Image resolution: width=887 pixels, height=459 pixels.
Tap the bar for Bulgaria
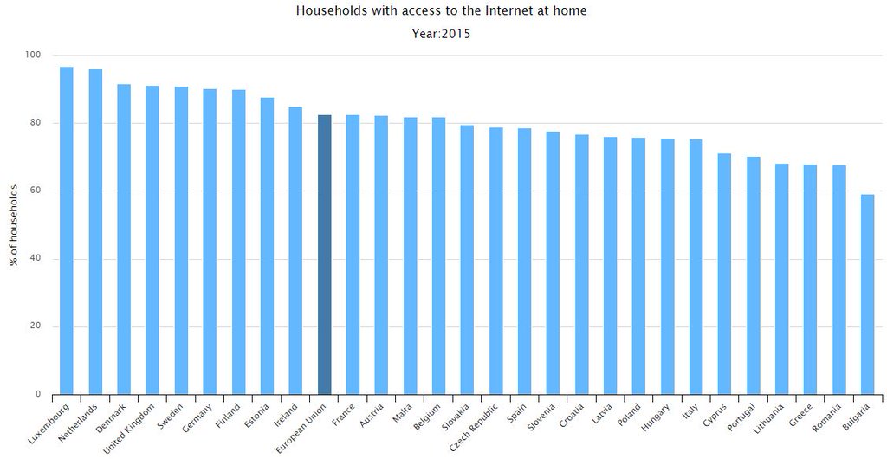coord(867,294)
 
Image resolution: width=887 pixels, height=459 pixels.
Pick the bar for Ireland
coord(295,250)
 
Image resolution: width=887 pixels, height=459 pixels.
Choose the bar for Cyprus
coord(724,274)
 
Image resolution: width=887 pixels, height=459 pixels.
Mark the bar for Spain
coord(524,261)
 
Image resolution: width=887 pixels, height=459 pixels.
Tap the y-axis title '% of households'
coord(14,225)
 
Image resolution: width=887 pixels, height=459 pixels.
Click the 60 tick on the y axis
coord(36,191)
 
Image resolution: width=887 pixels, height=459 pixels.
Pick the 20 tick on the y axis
coord(36,326)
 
